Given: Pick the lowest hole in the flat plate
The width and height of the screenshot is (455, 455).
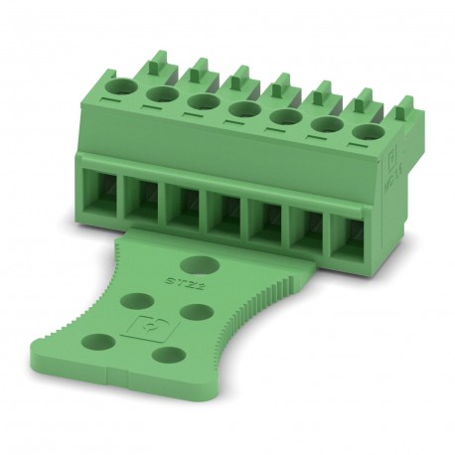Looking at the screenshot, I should click(x=170, y=354).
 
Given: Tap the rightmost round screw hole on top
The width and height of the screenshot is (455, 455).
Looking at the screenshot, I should click(x=367, y=131).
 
